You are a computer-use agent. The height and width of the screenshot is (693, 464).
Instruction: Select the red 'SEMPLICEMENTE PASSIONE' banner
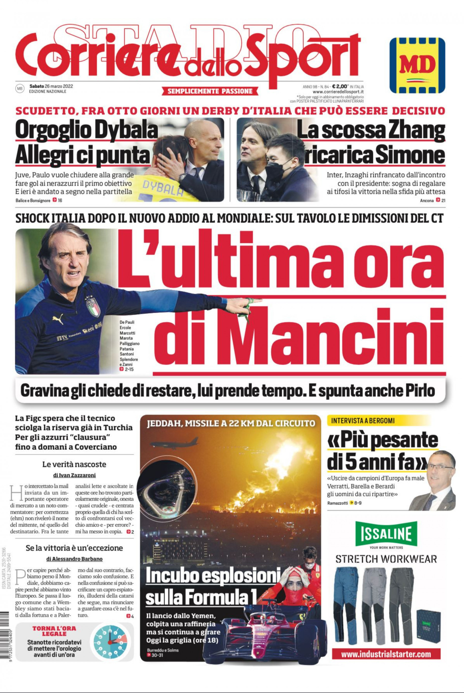210,91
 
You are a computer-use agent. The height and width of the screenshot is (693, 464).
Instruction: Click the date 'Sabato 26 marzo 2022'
51,86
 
